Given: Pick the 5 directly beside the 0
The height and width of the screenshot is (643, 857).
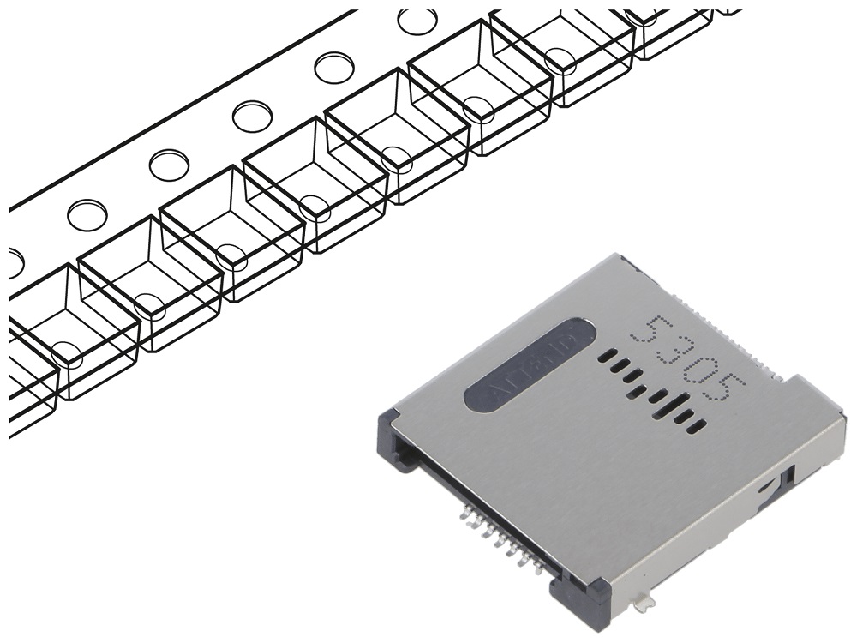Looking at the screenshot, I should tap(722, 390).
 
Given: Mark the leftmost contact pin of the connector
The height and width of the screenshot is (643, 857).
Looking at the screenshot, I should tap(467, 514).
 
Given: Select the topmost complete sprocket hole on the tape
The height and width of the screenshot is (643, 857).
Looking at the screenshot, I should tap(417, 21).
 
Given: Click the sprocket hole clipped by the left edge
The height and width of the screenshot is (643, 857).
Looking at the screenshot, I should tap(13, 262).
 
